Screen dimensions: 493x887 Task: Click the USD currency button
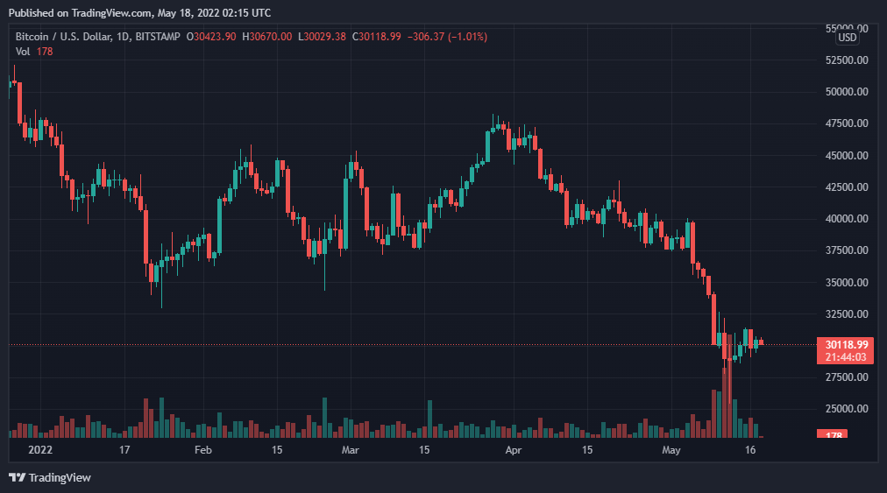[x=847, y=38]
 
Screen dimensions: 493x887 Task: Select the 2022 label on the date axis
[x=40, y=450]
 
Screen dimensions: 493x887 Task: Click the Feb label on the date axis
[x=202, y=450]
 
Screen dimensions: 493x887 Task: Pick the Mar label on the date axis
[x=350, y=450]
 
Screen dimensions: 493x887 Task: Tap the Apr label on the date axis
[x=514, y=450]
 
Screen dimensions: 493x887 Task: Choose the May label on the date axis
[x=671, y=450]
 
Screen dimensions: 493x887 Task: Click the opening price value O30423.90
[x=214, y=37]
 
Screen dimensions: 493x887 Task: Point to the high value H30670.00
[x=268, y=37]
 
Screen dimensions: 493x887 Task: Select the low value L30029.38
[x=323, y=37]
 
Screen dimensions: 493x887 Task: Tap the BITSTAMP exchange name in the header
[x=160, y=37]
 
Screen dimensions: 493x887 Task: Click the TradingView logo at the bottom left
[x=50, y=477]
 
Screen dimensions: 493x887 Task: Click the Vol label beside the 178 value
[x=24, y=52]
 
